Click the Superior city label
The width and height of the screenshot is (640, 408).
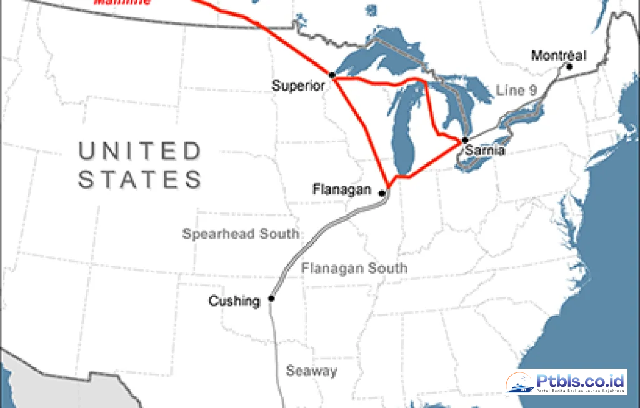[299, 86]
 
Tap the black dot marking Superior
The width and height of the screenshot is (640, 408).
[332, 75]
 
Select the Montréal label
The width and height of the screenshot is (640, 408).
[559, 56]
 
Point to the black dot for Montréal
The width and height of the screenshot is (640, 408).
[569, 65]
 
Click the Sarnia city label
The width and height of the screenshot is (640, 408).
[484, 151]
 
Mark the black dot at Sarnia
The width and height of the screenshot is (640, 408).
[465, 140]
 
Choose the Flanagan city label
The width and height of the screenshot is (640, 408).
[342, 189]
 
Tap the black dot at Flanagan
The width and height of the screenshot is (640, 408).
[382, 193]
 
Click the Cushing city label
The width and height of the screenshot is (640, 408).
[234, 301]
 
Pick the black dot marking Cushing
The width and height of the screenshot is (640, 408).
[271, 298]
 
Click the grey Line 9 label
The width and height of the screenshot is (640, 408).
[516, 90]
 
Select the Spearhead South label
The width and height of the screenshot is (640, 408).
[241, 234]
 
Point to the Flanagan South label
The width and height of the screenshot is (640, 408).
[354, 268]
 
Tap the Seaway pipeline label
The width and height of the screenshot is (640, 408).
[311, 371]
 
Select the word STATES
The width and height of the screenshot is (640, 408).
[140, 179]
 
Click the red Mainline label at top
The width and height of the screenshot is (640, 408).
[122, 2]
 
